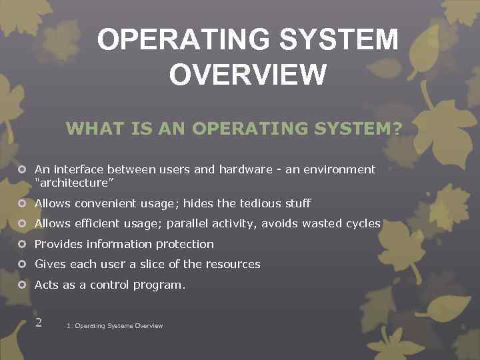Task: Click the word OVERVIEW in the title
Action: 247,73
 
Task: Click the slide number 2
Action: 39,322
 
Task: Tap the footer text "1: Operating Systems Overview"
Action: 115,326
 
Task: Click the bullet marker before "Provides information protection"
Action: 22,244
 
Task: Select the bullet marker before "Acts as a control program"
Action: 22,285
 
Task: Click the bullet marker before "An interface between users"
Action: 22,169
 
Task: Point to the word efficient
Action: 95,223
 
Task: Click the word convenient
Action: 101,203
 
